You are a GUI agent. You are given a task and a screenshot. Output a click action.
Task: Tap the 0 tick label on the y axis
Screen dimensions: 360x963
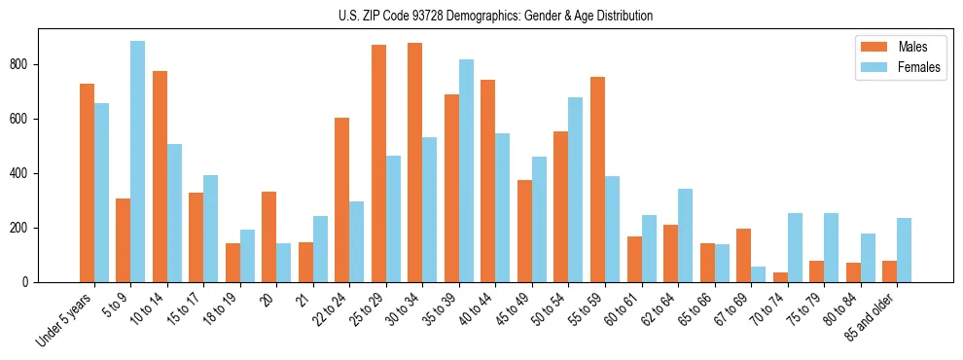(28, 282)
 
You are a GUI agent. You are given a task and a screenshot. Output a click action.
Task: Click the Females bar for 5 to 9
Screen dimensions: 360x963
(137, 162)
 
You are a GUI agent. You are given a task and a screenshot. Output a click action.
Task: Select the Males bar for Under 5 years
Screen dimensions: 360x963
(87, 183)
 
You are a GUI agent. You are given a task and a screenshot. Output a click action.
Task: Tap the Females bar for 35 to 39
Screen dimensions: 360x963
(466, 171)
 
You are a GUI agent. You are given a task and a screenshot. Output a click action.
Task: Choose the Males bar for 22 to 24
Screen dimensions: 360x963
(341, 200)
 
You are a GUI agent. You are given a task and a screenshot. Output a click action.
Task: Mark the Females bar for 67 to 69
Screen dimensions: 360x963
(758, 274)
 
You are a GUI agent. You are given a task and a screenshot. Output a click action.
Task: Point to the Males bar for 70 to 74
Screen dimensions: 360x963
(780, 277)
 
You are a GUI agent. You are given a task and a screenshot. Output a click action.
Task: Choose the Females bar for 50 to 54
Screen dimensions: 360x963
(576, 190)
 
